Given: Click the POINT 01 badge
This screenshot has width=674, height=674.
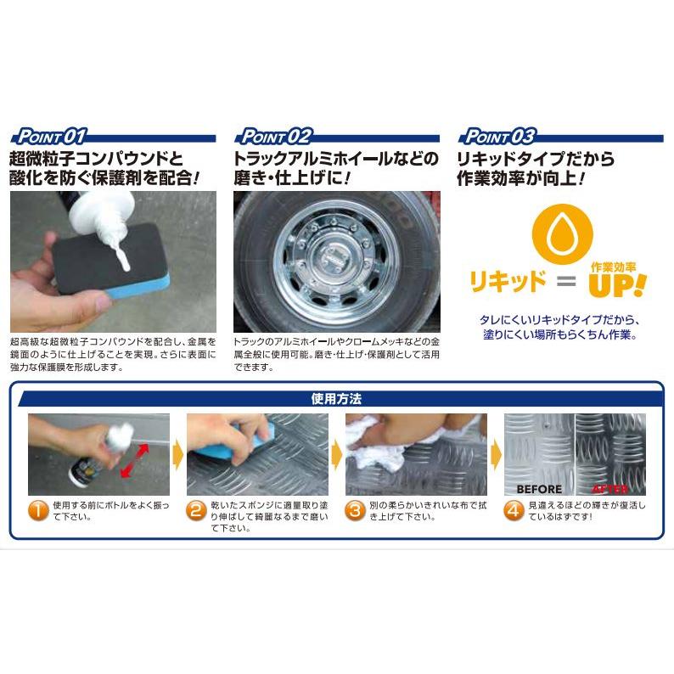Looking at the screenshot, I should point(49,136).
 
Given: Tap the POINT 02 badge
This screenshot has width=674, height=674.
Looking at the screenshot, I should point(275,136).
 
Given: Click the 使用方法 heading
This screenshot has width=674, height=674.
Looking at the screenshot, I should point(336,398).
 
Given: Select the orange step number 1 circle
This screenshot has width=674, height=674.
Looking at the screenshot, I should point(37,511).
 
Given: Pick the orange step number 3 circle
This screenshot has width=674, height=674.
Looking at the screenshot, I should point(355,511).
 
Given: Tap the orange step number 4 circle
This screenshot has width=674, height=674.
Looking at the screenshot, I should point(514,511).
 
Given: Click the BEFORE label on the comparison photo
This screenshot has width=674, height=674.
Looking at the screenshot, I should point(539,489).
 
